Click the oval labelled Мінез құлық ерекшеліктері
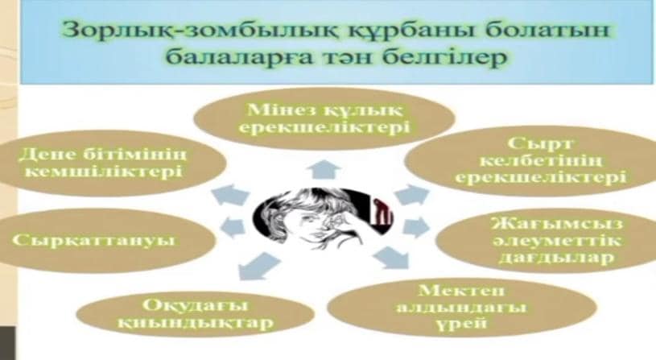coord(324,118)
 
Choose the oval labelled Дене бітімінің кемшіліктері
coord(112,163)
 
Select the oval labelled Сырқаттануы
coord(107,240)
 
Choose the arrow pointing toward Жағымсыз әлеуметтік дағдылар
coord(416,226)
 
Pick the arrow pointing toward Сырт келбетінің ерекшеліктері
coord(412,195)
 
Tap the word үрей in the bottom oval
coord(461,323)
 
